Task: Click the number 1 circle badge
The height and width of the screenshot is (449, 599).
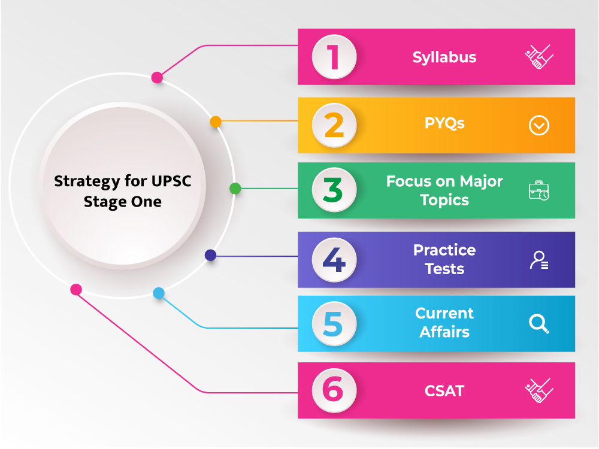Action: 334,57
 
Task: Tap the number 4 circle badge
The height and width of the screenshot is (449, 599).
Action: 334,260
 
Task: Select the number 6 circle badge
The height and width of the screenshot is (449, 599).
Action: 334,390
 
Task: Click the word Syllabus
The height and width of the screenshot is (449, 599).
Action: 444,57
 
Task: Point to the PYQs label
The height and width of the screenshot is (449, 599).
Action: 444,123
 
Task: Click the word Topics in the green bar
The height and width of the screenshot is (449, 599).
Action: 444,200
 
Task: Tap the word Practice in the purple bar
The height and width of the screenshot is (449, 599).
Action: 444,250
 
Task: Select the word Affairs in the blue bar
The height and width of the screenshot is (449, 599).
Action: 444,332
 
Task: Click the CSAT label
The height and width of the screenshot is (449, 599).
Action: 444,391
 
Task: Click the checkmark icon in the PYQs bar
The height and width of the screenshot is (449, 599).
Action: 539,125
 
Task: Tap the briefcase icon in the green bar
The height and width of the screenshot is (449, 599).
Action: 539,190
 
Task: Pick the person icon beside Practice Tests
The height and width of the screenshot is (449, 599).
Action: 539,260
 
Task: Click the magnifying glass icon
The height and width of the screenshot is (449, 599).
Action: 539,324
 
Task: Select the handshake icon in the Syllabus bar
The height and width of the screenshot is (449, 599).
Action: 539,57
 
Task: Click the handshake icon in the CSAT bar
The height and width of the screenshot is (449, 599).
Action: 539,390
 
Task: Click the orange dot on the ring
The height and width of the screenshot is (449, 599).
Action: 216,122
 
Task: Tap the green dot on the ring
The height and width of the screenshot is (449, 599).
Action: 235,188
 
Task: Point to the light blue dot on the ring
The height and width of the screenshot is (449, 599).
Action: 159,293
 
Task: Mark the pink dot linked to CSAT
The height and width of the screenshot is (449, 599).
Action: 76,290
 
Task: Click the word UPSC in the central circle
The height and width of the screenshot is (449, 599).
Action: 171,181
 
